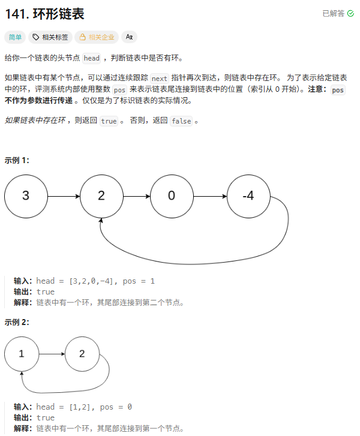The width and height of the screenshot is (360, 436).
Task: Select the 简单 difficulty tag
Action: coord(16,37)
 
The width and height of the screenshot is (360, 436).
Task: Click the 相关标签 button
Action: coord(50,37)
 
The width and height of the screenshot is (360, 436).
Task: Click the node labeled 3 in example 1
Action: coord(25,196)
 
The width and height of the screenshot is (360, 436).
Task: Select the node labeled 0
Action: coord(171,196)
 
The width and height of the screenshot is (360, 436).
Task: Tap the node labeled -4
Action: coord(248,196)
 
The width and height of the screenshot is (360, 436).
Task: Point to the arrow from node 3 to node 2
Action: coord(63,196)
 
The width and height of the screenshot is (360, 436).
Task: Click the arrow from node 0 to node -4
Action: coord(209,196)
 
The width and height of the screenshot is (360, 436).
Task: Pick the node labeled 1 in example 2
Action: coord(22,353)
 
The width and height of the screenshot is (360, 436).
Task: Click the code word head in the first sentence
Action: coord(92,58)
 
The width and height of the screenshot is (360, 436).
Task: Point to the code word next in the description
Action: coord(160,79)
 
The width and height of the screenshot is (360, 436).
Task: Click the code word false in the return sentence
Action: coord(181,121)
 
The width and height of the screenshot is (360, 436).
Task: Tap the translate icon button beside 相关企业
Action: coord(129,37)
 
